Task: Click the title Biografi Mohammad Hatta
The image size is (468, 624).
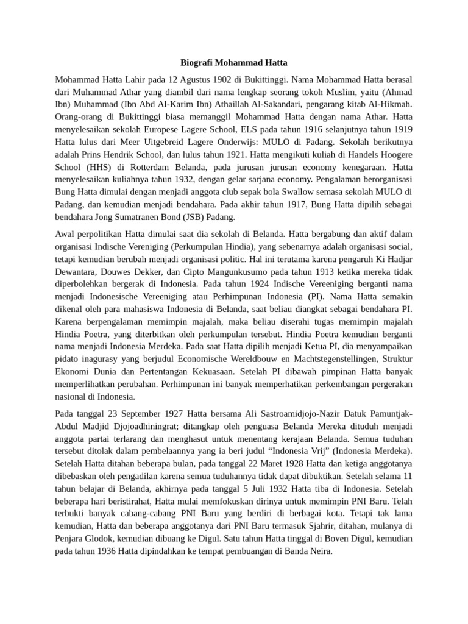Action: (234, 63)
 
